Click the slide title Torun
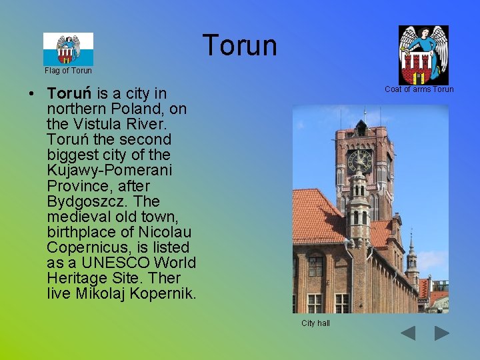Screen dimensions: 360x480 click(239, 45)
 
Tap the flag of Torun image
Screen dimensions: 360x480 click(68, 49)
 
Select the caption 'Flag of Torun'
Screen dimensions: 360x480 click(68, 71)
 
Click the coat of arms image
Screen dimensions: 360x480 click(423, 55)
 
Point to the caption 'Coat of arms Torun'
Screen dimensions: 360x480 click(419, 89)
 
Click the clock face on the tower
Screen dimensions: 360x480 click(359, 161)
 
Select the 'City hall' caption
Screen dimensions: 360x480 click(315, 323)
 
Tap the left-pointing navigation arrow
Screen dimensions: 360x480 click(408, 333)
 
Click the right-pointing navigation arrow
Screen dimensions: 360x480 click(441, 333)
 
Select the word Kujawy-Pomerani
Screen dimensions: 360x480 click(109, 171)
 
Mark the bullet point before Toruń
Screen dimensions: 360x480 click(32, 93)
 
